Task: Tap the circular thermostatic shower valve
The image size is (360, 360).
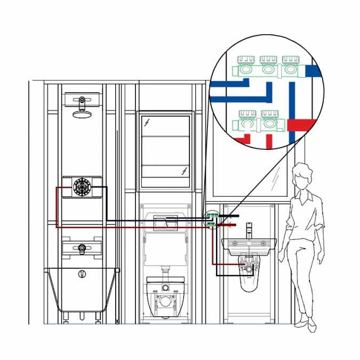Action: (82, 187)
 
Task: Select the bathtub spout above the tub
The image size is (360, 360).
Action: (81, 248)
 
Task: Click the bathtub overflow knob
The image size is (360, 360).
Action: (82, 274)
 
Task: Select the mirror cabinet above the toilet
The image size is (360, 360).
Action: (165, 151)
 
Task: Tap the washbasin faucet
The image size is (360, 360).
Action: (249, 231)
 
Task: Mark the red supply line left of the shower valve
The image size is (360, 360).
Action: (57, 205)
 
